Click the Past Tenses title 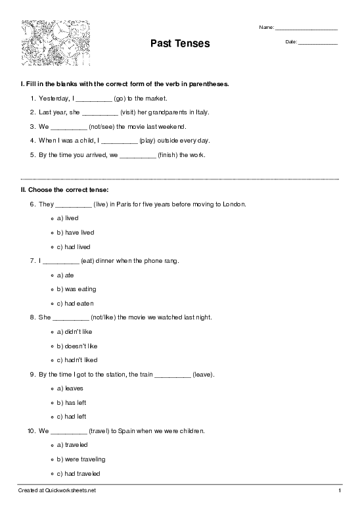[x=180, y=43]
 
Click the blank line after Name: [x=306, y=29]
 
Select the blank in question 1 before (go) [x=94, y=99]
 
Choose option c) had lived [x=76, y=246]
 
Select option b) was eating [x=77, y=289]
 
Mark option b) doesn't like [x=78, y=346]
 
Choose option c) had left [x=73, y=417]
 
